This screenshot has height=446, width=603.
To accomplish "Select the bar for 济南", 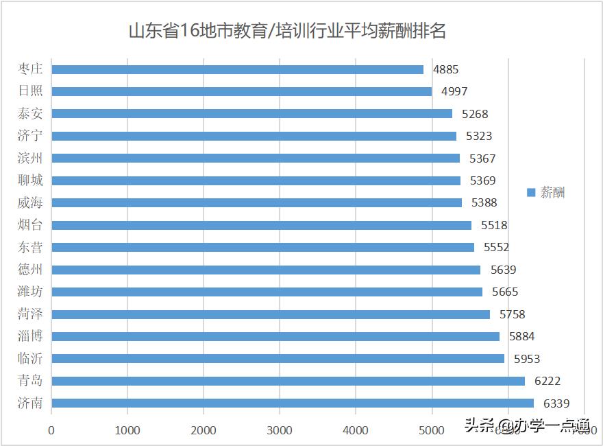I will (293, 403).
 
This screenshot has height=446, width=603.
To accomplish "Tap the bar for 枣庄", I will (237, 69).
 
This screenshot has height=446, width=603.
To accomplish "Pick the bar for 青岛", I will (288, 381).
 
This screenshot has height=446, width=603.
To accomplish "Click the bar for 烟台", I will (261, 225).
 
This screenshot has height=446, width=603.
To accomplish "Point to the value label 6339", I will (556, 403).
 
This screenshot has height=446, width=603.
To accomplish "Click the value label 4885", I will (445, 69).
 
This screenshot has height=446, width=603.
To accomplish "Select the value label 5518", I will (494, 225).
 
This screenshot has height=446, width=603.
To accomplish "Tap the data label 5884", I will (521, 336).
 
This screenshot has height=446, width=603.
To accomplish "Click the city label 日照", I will (30, 91).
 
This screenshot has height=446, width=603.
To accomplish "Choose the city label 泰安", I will (30, 113).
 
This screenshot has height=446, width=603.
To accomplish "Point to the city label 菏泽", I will (30, 314).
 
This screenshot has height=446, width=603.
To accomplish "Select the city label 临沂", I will (30, 358).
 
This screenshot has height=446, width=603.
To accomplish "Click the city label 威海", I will (30, 202).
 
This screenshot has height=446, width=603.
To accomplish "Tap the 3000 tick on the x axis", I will (280, 430).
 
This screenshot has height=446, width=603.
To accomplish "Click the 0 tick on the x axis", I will (51, 430).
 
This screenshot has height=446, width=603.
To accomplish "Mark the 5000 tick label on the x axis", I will (432, 430).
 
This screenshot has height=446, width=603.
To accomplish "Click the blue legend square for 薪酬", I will (530, 193).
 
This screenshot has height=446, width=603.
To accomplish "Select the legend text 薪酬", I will (552, 193).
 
